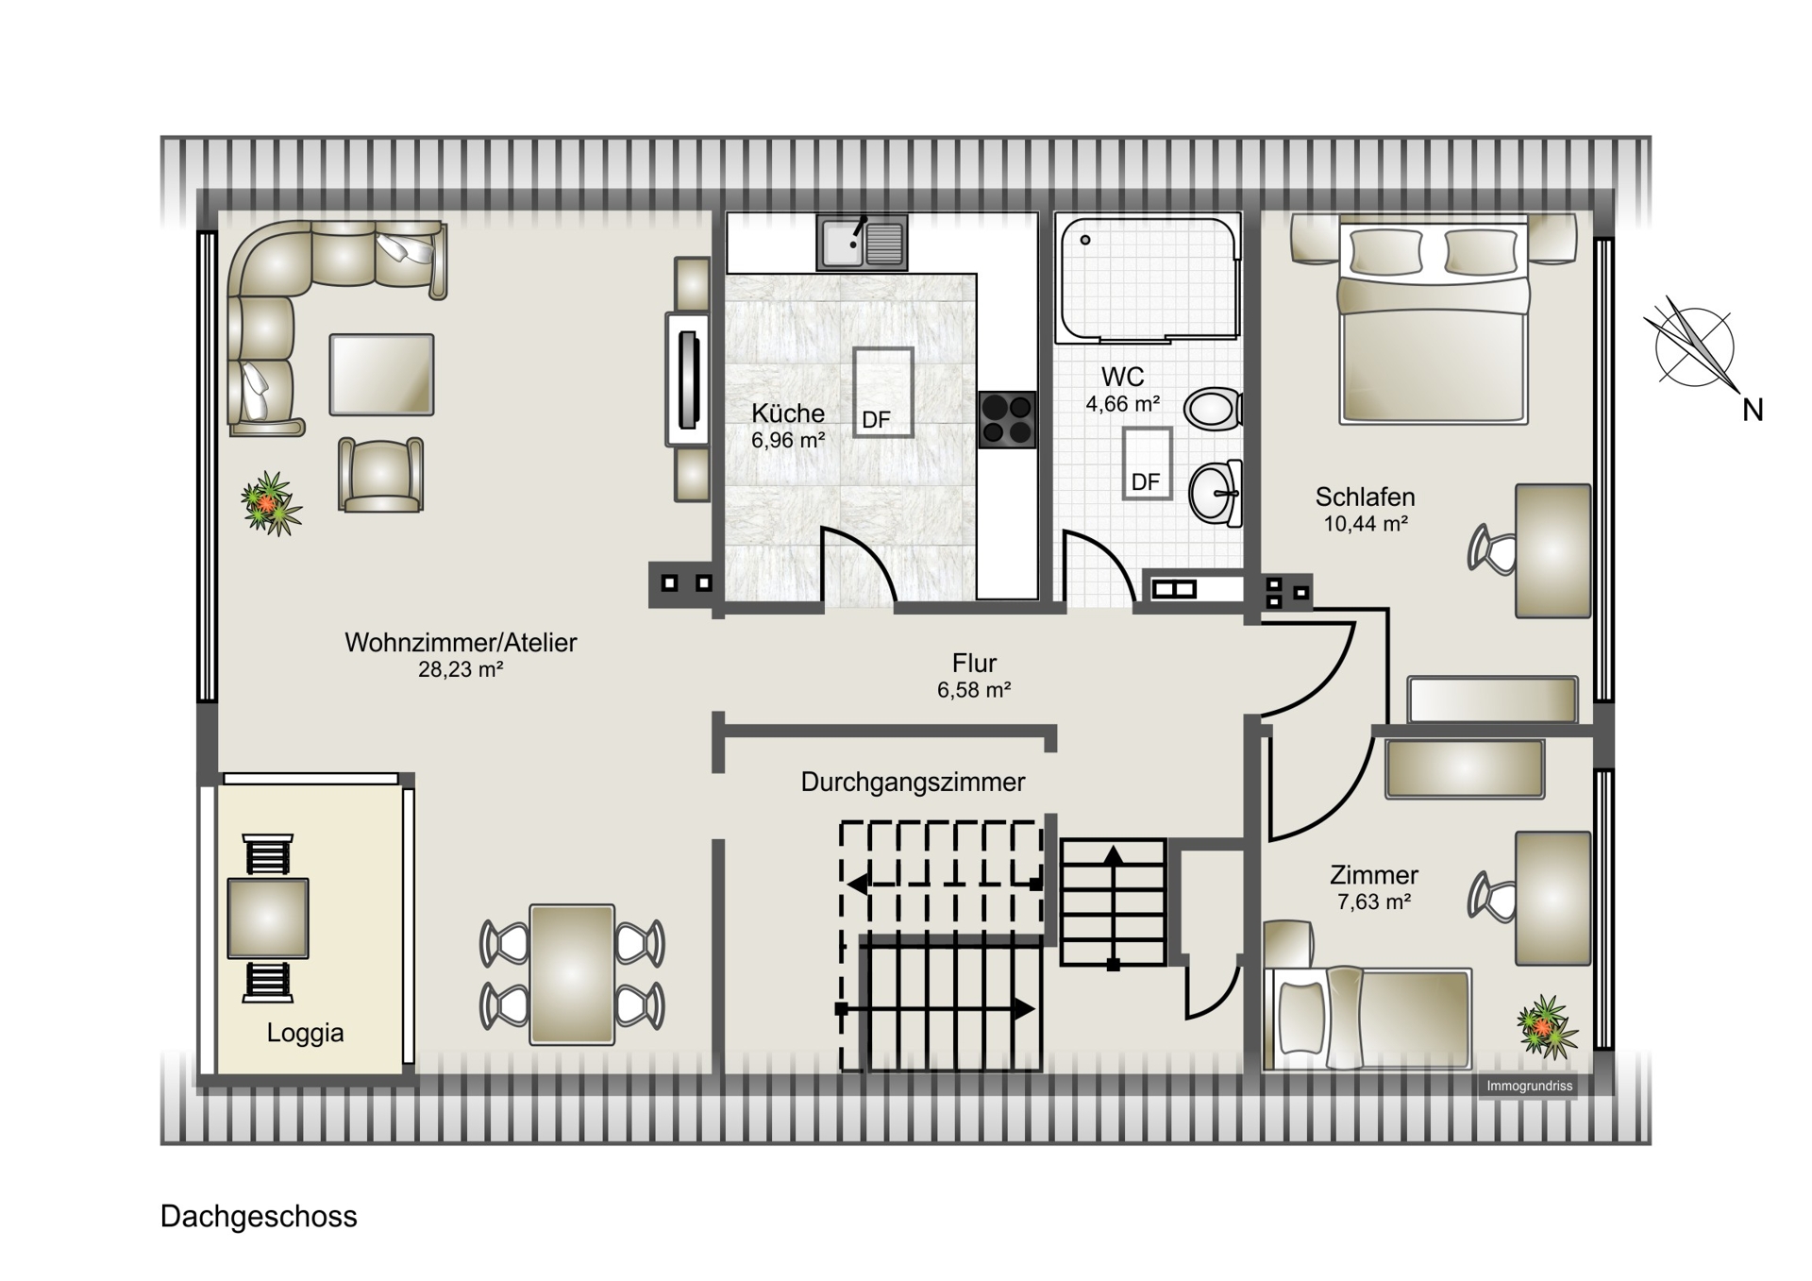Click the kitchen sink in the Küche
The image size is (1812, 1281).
pyautogui.click(x=862, y=243)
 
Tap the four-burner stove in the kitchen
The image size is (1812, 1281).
pyautogui.click(x=1007, y=419)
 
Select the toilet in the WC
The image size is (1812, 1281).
pyautogui.click(x=1214, y=409)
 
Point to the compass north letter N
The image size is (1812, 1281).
pyautogui.click(x=1753, y=411)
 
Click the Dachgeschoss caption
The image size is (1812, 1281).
pyautogui.click(x=259, y=1217)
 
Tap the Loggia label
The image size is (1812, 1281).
pyautogui.click(x=305, y=1033)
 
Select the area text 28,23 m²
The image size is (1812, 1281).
pyautogui.click(x=461, y=669)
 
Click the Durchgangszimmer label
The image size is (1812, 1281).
pyautogui.click(x=913, y=783)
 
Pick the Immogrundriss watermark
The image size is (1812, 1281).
pyautogui.click(x=1530, y=1087)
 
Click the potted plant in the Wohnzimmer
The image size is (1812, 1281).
pyautogui.click(x=271, y=503)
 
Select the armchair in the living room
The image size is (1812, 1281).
pyautogui.click(x=380, y=475)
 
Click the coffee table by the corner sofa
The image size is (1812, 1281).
pyautogui.click(x=381, y=375)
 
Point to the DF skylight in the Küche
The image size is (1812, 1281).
pyautogui.click(x=883, y=392)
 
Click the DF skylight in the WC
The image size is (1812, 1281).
pyautogui.click(x=1147, y=464)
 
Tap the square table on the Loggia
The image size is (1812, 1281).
pyautogui.click(x=268, y=919)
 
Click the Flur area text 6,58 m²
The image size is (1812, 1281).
pyautogui.click(x=974, y=690)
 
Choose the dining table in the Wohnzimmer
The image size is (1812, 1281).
pyautogui.click(x=572, y=974)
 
